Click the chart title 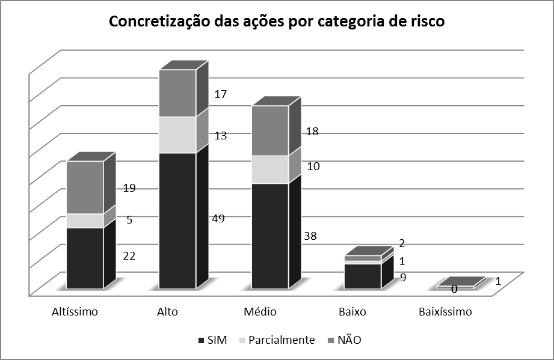point(276,22)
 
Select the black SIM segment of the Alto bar point(177,220)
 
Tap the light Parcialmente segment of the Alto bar point(177,135)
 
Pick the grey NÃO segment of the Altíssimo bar point(85,187)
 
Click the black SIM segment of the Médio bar point(270,235)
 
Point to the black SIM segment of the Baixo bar point(362,276)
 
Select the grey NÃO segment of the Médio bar point(270,130)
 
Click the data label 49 point(218,219)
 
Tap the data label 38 point(310,236)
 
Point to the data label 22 point(129,255)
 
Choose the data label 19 point(129,188)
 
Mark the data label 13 point(220,136)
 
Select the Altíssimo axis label point(75,312)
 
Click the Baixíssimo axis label point(445,312)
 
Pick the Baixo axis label point(352,312)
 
